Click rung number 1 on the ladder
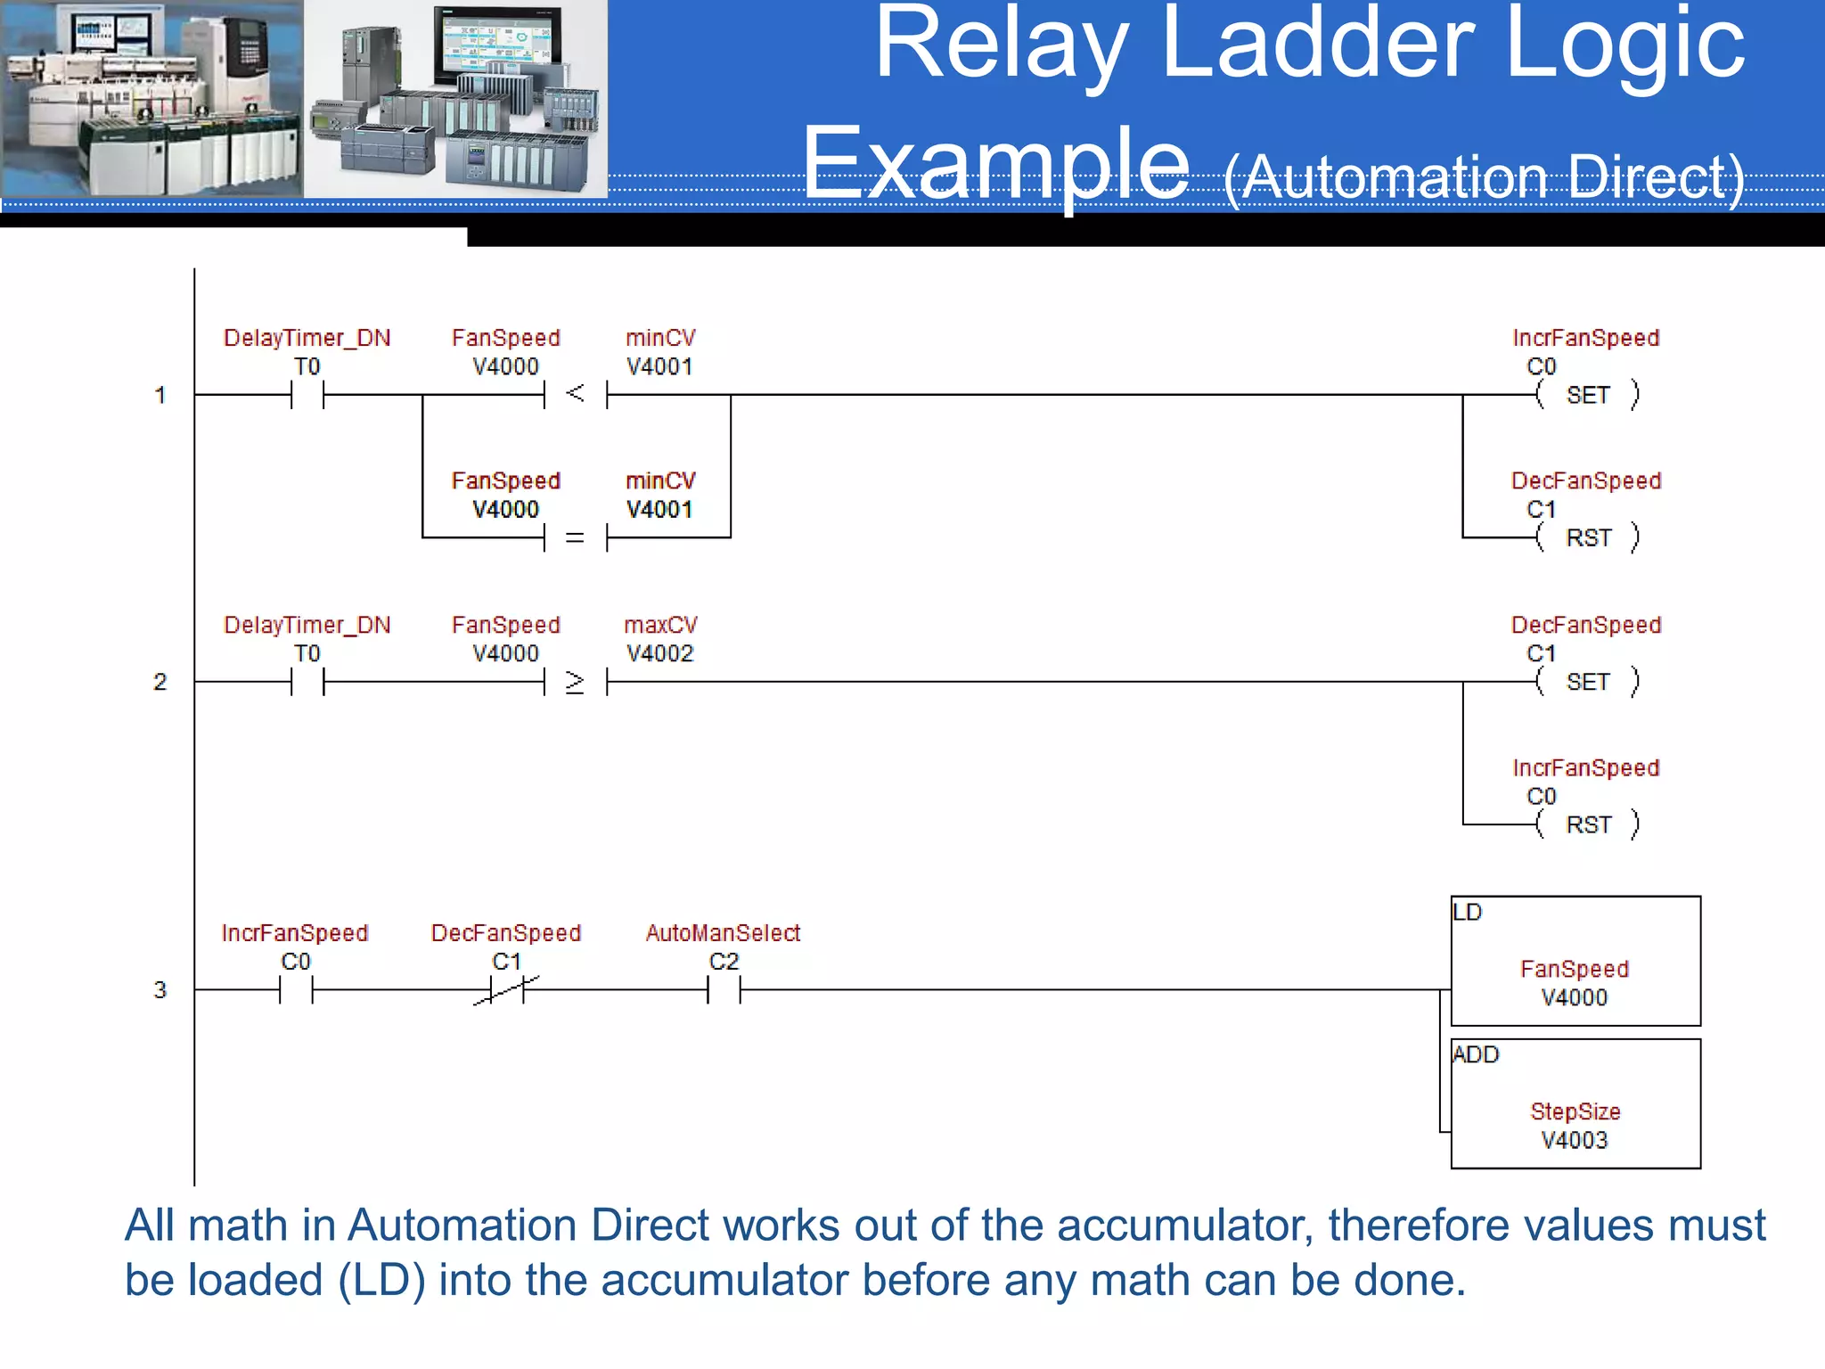tap(160, 395)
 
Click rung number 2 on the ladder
tap(160, 682)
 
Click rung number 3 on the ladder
tap(160, 989)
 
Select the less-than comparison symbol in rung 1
tap(575, 393)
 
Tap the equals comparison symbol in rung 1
tap(575, 537)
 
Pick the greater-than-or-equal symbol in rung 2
tap(575, 682)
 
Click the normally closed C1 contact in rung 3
tap(506, 989)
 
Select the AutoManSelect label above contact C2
tap(723, 933)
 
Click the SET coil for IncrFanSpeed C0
tap(1588, 395)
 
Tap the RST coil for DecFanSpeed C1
tap(1588, 537)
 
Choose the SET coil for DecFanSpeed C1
tap(1588, 682)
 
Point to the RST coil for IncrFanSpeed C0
tap(1588, 824)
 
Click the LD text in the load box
tap(1467, 912)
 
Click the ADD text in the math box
tap(1476, 1054)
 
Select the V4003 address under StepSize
tap(1575, 1140)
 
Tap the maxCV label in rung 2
tap(660, 625)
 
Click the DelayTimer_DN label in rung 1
tap(307, 338)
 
